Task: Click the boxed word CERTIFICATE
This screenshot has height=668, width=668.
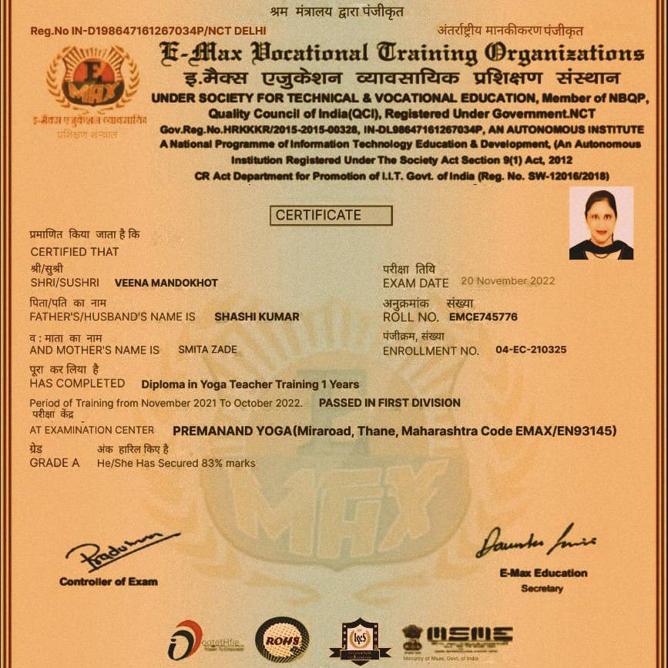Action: coord(330,215)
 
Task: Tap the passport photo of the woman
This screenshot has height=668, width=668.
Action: coord(601,223)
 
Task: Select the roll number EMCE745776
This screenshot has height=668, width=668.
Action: coord(483,317)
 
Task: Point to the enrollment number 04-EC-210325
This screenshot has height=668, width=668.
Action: coord(531,350)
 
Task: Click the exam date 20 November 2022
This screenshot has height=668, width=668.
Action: coord(508,281)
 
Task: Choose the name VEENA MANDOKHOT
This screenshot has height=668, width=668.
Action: coord(166,283)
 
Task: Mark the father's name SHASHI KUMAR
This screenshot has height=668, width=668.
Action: coord(257,317)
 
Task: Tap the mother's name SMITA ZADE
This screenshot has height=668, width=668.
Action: coord(207,350)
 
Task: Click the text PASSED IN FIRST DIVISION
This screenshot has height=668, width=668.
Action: coord(389,402)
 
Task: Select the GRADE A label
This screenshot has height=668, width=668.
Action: coord(54,463)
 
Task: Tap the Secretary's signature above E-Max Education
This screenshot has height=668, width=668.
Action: coord(535,540)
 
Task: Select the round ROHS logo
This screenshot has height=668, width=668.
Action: coord(281,639)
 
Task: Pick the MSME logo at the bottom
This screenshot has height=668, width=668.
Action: coord(458,638)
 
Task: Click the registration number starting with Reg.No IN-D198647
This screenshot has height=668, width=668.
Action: coord(147,31)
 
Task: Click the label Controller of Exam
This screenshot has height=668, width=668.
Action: coord(108,581)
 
